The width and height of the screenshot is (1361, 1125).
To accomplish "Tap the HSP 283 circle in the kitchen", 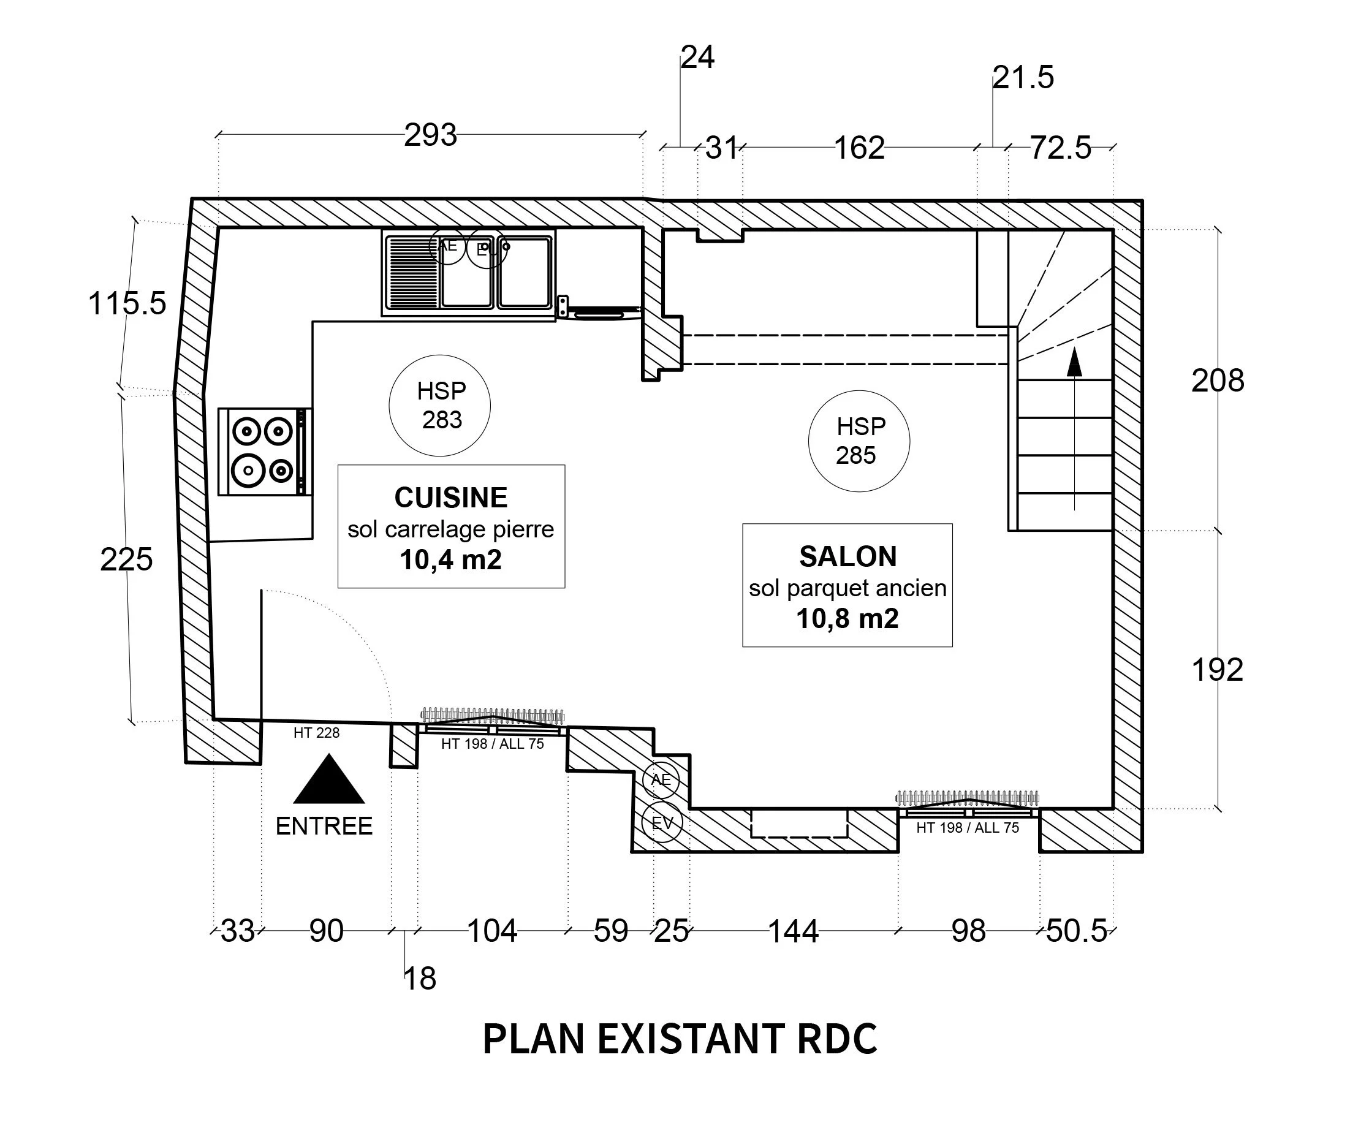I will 439,406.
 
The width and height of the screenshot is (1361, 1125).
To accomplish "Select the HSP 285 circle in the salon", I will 859,441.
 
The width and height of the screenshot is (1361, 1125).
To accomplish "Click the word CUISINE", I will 451,498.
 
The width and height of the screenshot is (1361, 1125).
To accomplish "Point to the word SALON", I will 847,556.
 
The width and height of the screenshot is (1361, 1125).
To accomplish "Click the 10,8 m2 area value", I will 847,619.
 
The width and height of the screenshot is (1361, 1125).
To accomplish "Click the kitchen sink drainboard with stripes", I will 412,272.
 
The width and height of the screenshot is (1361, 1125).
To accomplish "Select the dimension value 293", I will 430,135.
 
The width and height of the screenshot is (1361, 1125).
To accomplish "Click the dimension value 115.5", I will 127,303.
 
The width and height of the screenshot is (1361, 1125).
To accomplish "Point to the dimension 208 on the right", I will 1217,381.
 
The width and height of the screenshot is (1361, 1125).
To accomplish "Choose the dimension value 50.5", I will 1077,931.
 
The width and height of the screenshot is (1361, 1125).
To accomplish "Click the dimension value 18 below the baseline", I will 420,979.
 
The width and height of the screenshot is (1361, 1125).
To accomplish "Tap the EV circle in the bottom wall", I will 662,824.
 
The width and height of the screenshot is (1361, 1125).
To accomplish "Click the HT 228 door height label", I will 316,733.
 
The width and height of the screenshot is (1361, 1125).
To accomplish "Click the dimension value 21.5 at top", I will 1023,78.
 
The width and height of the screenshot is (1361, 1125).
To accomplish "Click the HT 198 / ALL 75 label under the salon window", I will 967,828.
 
